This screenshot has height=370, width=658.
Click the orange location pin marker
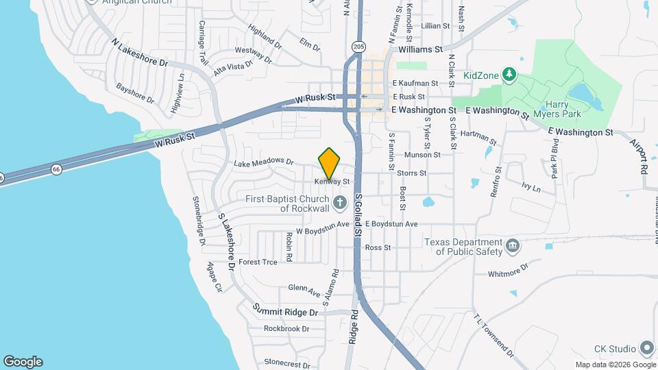tap(329, 163)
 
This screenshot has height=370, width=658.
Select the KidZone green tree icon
tap(509, 73)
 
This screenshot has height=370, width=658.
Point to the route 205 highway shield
tap(358, 46)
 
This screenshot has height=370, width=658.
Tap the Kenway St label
tap(332, 182)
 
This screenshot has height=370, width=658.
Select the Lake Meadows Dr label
tap(263, 162)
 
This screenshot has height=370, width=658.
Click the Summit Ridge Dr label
tap(286, 312)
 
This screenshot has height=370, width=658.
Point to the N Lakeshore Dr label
tap(140, 52)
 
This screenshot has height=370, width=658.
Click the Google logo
tap(23, 362)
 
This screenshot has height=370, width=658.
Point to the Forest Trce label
tap(258, 262)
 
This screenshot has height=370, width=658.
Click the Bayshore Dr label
tap(135, 93)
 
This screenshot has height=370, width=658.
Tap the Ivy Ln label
tap(531, 186)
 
